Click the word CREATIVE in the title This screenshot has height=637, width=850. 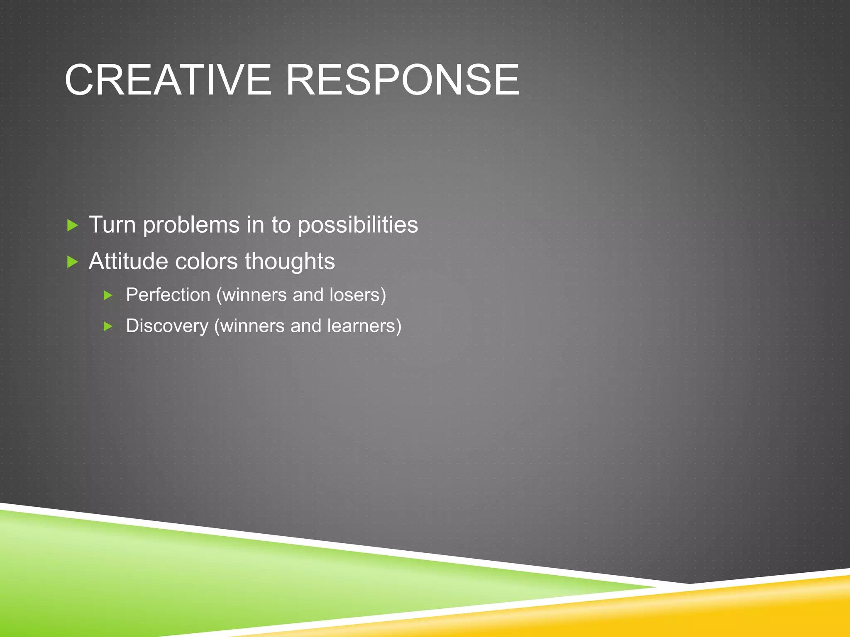click(x=168, y=80)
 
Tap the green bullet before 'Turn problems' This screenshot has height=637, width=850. click(x=72, y=226)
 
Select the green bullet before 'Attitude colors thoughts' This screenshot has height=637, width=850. click(x=72, y=262)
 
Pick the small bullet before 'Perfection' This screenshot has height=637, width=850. click(x=108, y=295)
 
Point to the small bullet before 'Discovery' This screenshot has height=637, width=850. click(x=108, y=326)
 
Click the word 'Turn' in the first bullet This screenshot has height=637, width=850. click(x=112, y=225)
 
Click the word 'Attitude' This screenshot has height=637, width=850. click(x=128, y=261)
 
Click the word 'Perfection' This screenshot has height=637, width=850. click(x=168, y=295)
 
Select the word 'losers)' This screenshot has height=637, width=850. click(x=357, y=295)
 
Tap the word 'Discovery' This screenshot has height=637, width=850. click(x=167, y=326)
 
